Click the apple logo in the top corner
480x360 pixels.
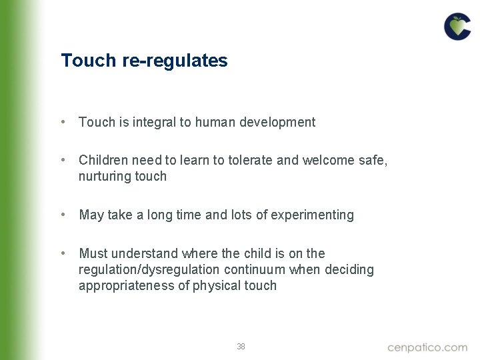coord(457,27)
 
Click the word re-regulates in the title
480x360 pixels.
coord(175,61)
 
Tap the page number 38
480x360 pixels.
coord(241,347)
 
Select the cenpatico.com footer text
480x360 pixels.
coord(427,347)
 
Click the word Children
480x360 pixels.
coord(103,161)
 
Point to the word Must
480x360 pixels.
coord(93,253)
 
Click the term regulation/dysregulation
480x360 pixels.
coord(149,269)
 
